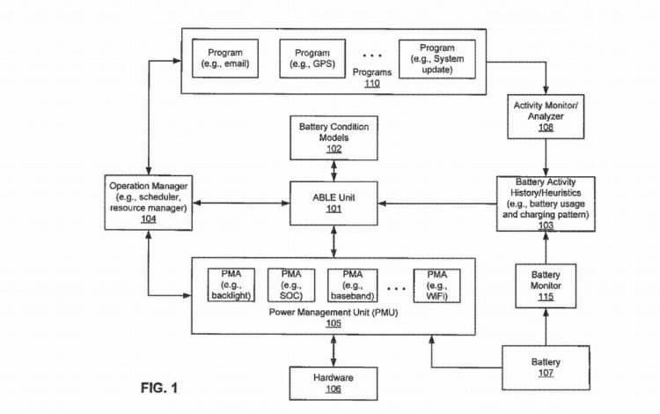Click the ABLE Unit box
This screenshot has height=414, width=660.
tap(334, 203)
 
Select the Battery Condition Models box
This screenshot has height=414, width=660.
tap(334, 138)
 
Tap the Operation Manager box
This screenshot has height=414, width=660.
tap(149, 203)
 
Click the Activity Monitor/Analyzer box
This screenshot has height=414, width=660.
tap(546, 116)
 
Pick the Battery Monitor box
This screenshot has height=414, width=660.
tap(546, 286)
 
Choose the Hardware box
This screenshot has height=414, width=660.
tap(334, 383)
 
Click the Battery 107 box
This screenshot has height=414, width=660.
tap(546, 367)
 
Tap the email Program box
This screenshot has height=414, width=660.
tap(225, 58)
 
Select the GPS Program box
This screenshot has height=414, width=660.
tap(312, 58)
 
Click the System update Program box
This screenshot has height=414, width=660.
tap(437, 59)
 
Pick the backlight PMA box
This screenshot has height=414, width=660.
tap(231, 285)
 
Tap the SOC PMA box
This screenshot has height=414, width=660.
tap(291, 285)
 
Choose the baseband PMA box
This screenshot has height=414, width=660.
tap(352, 285)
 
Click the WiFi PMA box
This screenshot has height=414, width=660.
tap(436, 285)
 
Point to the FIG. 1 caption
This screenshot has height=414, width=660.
tap(159, 388)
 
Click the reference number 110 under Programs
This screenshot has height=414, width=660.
tap(372, 83)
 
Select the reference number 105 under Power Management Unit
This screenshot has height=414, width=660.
tap(334, 323)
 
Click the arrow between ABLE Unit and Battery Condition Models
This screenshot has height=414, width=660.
tap(334, 171)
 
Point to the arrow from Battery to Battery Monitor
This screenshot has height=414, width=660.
tap(546, 327)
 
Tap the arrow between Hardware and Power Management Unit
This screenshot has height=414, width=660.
tap(334, 351)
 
